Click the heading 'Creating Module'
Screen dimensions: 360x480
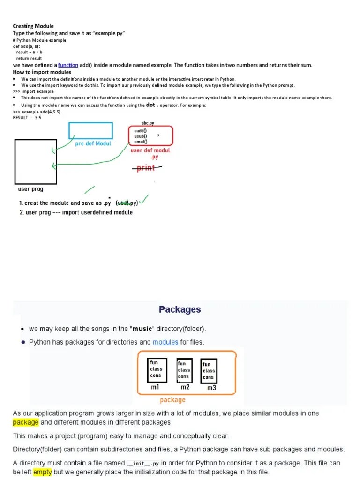pyautogui.click(x=33, y=26)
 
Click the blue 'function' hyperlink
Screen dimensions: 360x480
pyautogui.click(x=68, y=65)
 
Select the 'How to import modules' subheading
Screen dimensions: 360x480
pyautogui.click(x=42, y=72)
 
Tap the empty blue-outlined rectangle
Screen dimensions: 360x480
pyautogui.click(x=90, y=130)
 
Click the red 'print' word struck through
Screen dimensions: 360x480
pyautogui.click(x=146, y=168)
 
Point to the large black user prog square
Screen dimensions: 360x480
pyautogui.click(x=36, y=161)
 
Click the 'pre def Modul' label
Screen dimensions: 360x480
pyautogui.click(x=93, y=143)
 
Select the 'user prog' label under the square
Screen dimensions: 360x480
pyautogui.click(x=30, y=189)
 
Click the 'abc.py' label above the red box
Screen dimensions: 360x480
pyautogui.click(x=148, y=123)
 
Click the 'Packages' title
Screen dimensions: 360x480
pyautogui.click(x=180, y=309)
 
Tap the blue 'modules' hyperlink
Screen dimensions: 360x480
pyautogui.click(x=165, y=342)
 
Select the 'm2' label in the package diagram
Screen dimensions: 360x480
pyautogui.click(x=184, y=387)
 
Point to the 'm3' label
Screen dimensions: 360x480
pyautogui.click(x=212, y=388)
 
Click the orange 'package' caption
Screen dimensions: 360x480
pyautogui.click(x=172, y=400)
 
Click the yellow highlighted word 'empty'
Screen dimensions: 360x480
pyautogui.click(x=42, y=472)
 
